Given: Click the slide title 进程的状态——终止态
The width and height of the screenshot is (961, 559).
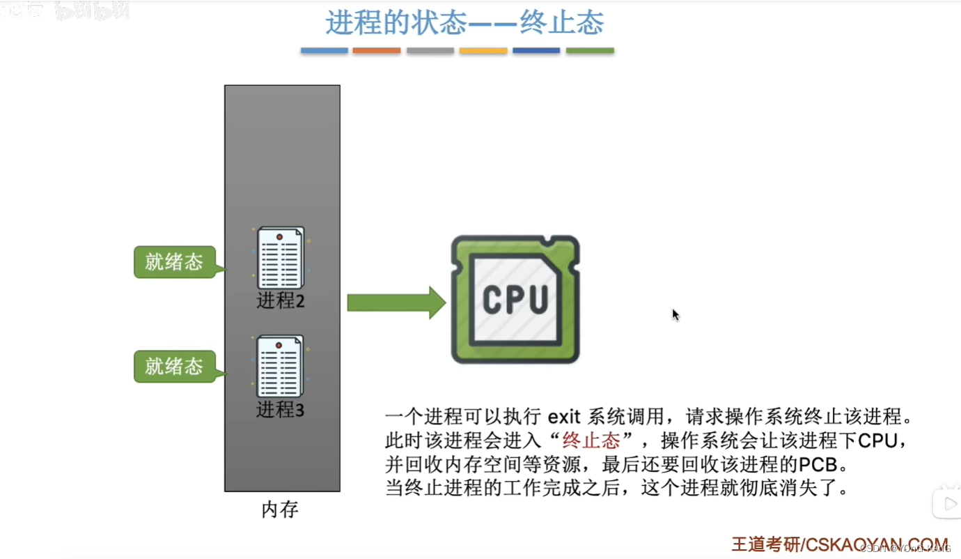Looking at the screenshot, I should click(x=464, y=23).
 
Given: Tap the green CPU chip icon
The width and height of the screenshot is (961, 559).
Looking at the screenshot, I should click(x=515, y=299).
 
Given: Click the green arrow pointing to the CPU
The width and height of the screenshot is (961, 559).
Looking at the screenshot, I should click(x=396, y=303).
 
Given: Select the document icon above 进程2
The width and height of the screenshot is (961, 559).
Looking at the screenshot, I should click(x=281, y=258).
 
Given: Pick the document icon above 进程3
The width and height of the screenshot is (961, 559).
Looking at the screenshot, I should click(x=280, y=366).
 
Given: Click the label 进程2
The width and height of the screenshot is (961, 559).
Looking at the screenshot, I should click(x=281, y=301).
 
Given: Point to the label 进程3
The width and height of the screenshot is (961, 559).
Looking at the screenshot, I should click(x=281, y=410).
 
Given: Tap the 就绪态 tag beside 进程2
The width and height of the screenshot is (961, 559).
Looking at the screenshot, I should click(x=174, y=262).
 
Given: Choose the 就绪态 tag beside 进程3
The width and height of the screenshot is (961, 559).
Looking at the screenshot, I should click(x=174, y=367).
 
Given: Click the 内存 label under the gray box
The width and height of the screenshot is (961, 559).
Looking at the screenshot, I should click(x=280, y=510).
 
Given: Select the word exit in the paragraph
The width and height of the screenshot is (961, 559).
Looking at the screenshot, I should click(x=563, y=418).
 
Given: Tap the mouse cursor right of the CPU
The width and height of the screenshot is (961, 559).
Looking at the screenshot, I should click(x=675, y=314).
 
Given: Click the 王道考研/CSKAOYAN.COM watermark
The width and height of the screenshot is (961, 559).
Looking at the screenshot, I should click(x=839, y=544).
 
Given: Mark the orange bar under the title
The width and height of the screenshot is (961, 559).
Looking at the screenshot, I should click(x=377, y=51).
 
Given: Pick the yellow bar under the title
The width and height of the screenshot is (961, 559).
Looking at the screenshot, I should click(x=483, y=51).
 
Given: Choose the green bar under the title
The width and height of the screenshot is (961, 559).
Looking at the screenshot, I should click(x=590, y=51).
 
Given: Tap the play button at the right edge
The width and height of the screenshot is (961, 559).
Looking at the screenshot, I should click(x=948, y=503).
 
